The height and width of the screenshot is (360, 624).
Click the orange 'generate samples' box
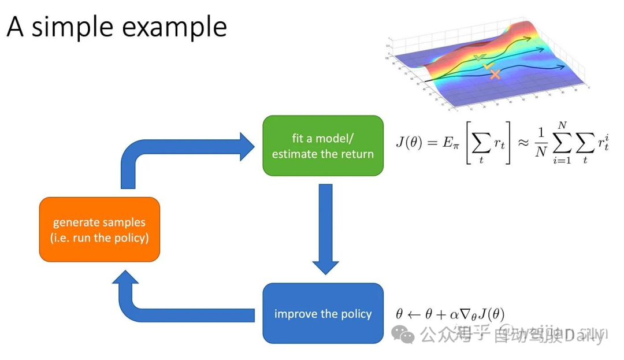coord(99,229)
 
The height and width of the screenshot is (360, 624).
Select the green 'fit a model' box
coord(323,146)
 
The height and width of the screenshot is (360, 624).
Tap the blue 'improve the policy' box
coord(323,314)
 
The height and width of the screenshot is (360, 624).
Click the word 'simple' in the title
coord(75,27)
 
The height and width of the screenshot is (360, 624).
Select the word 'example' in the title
coord(176,27)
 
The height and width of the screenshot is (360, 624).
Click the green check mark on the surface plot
coord(479,57)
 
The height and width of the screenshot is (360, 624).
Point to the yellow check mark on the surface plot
coord(489,66)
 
